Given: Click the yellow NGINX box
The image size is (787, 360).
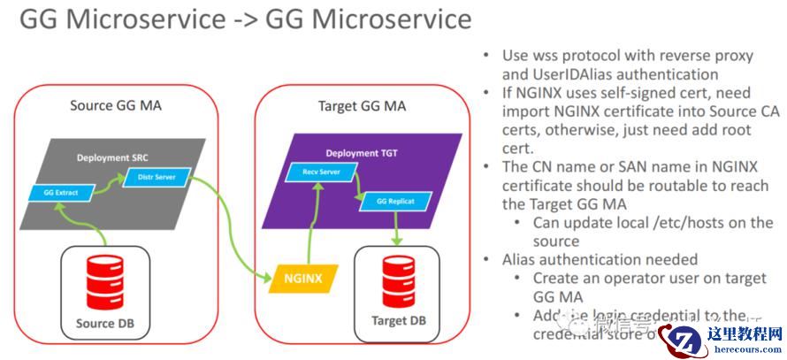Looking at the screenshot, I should click(x=302, y=279).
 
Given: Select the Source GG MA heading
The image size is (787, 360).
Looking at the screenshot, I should click(x=115, y=106).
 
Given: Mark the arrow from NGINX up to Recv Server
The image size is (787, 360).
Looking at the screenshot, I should click(x=309, y=221).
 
